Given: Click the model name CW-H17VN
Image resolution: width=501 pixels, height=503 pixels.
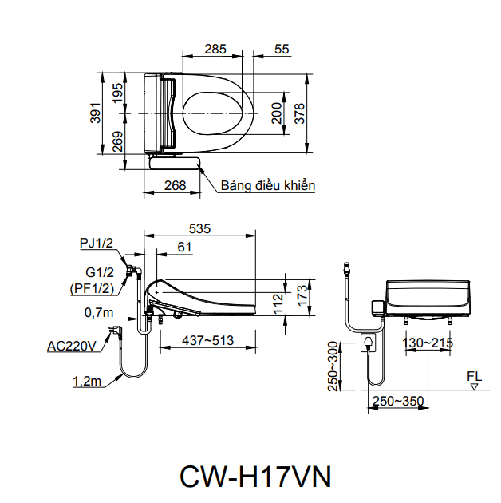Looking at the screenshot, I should point(254,476).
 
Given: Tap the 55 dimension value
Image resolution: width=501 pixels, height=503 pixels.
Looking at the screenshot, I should point(282,49).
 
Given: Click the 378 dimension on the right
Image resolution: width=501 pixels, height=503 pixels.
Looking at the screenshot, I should point(300,113).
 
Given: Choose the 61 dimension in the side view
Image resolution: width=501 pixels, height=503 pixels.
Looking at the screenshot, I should point(184,248).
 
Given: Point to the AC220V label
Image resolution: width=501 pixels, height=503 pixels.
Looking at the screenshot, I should point(72,346).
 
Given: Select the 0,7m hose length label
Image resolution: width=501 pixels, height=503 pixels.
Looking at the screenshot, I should point(99,312).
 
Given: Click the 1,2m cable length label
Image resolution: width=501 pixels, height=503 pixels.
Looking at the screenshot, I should point(86,382).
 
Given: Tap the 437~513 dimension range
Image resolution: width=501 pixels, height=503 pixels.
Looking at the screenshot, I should point(207,340).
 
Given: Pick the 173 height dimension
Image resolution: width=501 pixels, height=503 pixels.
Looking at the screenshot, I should point(301,295).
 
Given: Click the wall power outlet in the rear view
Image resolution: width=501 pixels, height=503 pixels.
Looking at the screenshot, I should point(368,344).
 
